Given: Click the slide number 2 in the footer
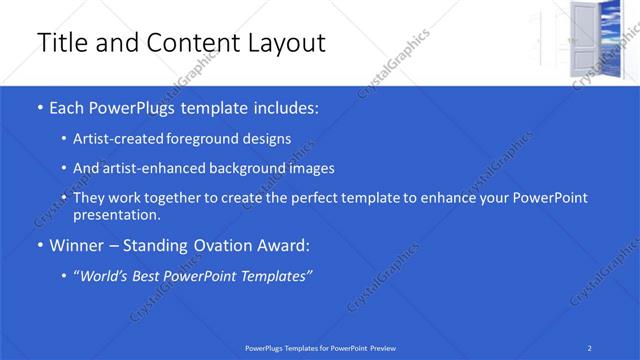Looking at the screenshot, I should point(590,347).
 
